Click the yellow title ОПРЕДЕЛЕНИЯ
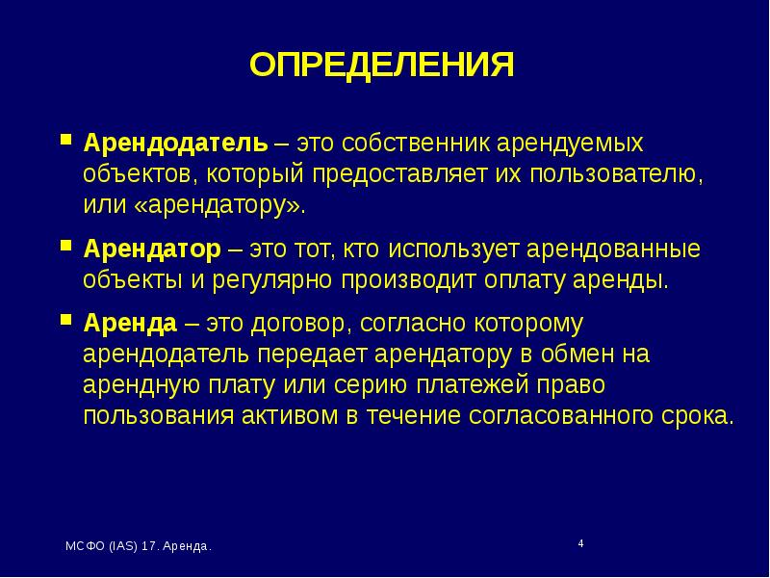pyautogui.click(x=382, y=65)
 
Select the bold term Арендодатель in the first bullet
pyautogui.click(x=174, y=144)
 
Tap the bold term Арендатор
pyautogui.click(x=151, y=250)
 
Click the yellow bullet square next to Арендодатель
pyautogui.click(x=65, y=139)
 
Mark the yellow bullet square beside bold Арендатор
pyautogui.click(x=65, y=245)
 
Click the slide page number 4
pyautogui.click(x=580, y=544)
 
